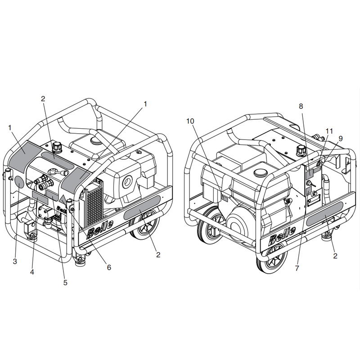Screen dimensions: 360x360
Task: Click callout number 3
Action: (15, 261)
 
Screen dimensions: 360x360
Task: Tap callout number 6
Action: (109, 267)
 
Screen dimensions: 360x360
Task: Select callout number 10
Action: (190, 121)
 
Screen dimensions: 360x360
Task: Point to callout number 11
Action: (329, 131)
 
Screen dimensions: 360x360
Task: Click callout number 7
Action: (297, 268)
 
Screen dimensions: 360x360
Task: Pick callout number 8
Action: (301, 106)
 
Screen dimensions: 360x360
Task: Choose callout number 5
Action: (65, 283)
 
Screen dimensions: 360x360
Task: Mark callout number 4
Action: (32, 272)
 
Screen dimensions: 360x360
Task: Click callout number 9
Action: (341, 139)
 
